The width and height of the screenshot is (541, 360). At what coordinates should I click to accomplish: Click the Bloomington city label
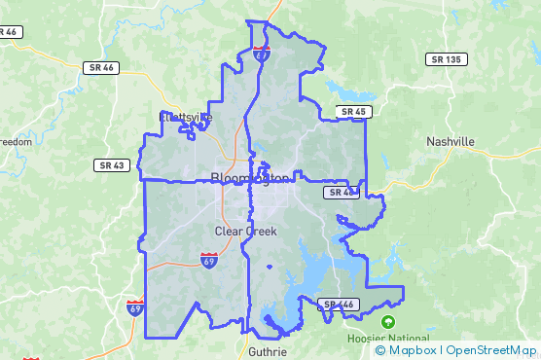(x=250, y=178)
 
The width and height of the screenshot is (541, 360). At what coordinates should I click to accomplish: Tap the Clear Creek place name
(x=246, y=232)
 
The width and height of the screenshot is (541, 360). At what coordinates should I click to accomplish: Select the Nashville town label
(x=451, y=141)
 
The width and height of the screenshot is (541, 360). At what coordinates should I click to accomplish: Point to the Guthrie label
(x=268, y=351)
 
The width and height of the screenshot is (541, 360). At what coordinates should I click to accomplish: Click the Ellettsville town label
(x=185, y=119)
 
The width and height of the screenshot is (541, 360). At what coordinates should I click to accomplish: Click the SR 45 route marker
(x=353, y=112)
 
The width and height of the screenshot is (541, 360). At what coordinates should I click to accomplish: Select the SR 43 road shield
(x=111, y=165)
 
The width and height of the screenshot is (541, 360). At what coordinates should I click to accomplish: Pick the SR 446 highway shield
(x=340, y=305)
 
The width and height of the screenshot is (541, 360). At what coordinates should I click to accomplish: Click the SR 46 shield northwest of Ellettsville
(x=100, y=68)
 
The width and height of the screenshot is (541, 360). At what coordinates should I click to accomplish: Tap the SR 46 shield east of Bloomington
(x=342, y=193)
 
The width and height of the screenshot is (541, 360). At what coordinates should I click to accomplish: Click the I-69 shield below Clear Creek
(x=209, y=260)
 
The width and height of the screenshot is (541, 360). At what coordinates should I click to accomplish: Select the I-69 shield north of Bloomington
(x=262, y=53)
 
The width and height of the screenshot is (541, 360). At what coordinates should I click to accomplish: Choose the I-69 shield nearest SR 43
(x=134, y=308)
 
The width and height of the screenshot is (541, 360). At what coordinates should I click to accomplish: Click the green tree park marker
(x=389, y=322)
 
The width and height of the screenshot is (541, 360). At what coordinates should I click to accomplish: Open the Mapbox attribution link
(x=414, y=349)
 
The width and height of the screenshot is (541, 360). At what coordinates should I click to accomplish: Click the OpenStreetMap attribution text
(x=491, y=349)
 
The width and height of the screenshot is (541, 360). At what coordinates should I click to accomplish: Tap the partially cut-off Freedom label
(x=15, y=142)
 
